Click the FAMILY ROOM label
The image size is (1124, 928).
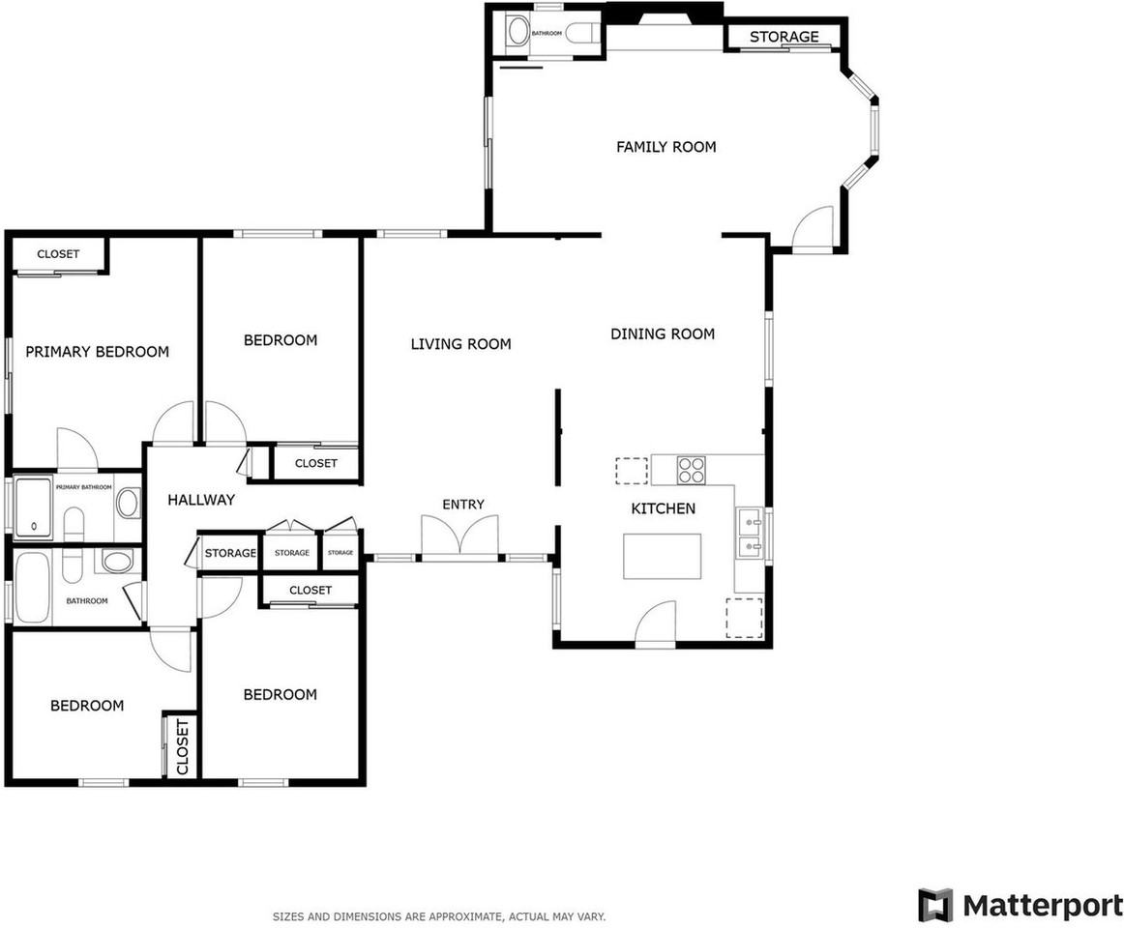click(666, 147)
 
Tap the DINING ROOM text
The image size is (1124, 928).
click(662, 333)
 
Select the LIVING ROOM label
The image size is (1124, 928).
click(460, 343)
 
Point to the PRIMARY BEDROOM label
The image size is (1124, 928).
click(97, 352)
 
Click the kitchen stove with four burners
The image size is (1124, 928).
click(691, 470)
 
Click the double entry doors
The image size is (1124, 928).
click(460, 538)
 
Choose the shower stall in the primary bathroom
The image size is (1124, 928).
click(34, 506)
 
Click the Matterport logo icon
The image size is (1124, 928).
click(934, 905)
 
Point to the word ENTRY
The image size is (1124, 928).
click(462, 505)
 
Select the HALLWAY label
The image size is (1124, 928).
click(201, 500)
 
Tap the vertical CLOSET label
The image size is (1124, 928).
click(182, 746)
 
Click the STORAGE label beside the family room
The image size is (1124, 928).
click(784, 37)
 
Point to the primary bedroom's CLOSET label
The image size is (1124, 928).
click(58, 254)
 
